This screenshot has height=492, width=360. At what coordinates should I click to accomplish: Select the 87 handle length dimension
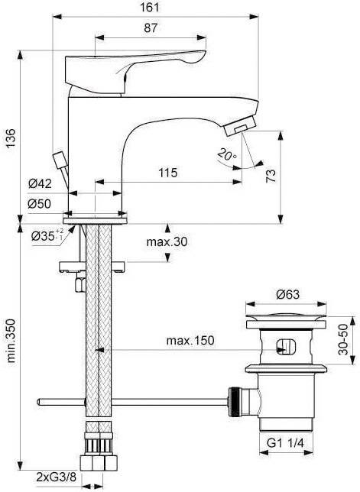click(151, 28)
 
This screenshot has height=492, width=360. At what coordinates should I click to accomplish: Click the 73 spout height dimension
click(291, 175)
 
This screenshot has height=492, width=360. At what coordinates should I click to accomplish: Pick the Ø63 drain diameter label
click(286, 292)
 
